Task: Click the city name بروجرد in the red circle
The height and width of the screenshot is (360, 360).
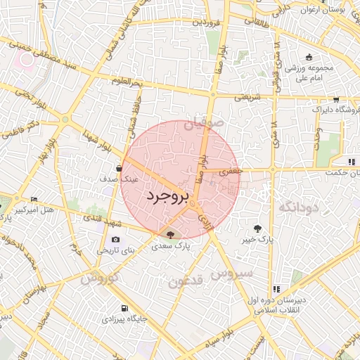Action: coord(166,197)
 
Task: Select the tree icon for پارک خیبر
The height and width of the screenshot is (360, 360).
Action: coord(258,228)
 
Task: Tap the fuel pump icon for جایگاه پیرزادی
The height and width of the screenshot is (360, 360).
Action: coord(124,308)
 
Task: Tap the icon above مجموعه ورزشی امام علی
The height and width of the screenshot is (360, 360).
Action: coord(308,58)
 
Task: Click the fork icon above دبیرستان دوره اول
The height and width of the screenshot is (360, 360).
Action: coord(276,288)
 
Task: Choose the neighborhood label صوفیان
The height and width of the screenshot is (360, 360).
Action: coord(203,124)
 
